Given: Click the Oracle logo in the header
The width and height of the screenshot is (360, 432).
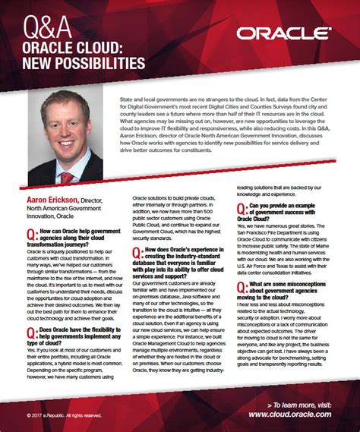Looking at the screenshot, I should coord(283,33).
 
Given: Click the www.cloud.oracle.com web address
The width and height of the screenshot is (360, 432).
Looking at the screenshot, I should coord(289,415).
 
